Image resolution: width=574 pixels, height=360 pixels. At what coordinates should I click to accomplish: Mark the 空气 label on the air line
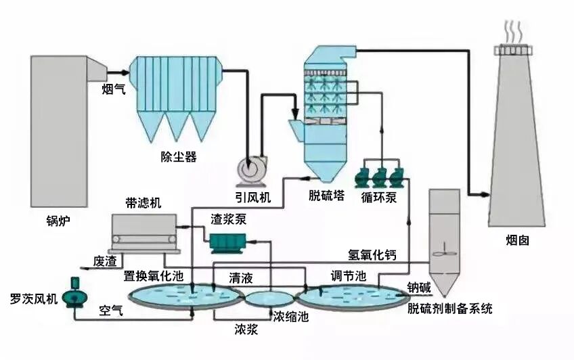[x=112, y=311]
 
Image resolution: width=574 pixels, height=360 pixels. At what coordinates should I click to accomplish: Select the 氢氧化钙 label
[x=372, y=255]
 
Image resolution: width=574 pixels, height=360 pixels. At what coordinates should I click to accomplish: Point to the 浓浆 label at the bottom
[x=247, y=330]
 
